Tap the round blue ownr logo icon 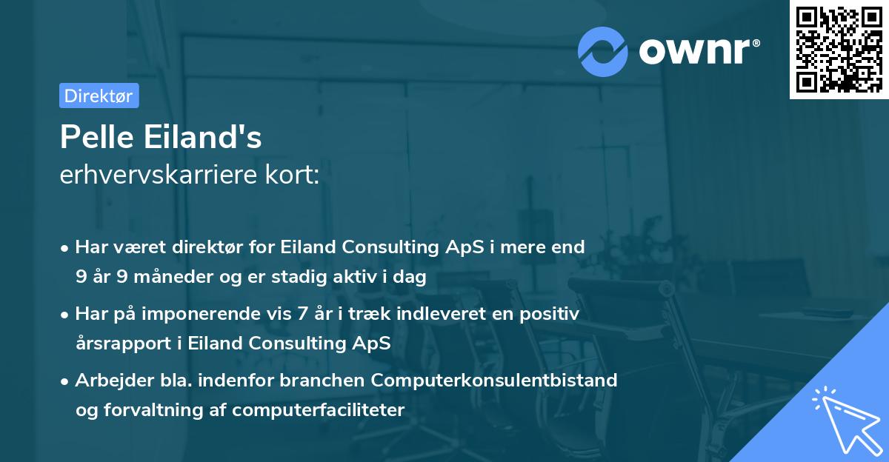[x=603, y=51]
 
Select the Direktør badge [x=99, y=96]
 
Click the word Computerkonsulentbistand [x=494, y=380]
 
